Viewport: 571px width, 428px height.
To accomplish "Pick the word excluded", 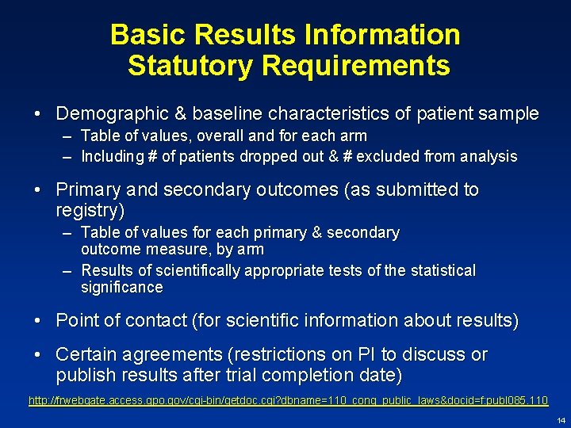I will [x=388, y=157].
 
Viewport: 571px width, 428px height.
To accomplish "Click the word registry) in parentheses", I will [x=90, y=211].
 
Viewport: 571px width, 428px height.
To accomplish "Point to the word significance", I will [x=122, y=288].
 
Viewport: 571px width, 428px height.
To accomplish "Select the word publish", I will [x=87, y=374].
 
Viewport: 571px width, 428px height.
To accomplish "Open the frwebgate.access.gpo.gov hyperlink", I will [x=287, y=401].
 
